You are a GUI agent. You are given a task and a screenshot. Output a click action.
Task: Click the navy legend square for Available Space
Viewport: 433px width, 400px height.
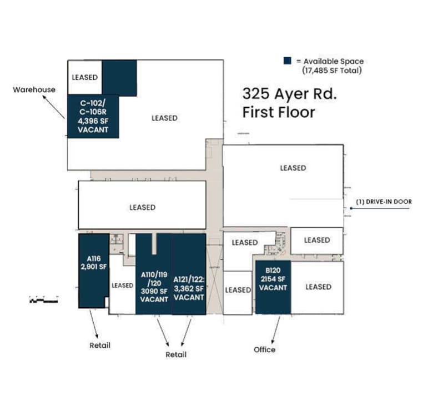[x=288, y=61]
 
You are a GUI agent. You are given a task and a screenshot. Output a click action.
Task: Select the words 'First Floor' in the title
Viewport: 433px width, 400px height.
[x=279, y=112]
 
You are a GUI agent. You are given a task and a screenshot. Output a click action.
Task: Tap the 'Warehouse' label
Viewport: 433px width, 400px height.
[x=34, y=89]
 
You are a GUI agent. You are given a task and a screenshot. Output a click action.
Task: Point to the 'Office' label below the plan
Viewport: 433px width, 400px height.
[x=265, y=349]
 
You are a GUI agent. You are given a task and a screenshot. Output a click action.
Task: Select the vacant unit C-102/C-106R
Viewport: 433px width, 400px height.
[x=93, y=116]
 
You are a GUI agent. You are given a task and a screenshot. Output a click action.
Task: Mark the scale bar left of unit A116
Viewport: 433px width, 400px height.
[x=43, y=301]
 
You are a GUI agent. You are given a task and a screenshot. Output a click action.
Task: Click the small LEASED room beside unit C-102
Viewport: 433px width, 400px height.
[x=85, y=77]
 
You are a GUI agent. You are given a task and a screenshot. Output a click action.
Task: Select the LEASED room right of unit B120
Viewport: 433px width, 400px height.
[x=318, y=287]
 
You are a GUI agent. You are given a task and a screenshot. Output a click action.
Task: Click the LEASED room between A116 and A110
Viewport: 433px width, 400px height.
[x=122, y=286]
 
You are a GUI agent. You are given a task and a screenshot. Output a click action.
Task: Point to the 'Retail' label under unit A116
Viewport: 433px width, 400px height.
[x=100, y=346]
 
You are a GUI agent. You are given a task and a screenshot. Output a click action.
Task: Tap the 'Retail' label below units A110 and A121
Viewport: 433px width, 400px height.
[x=176, y=354]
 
